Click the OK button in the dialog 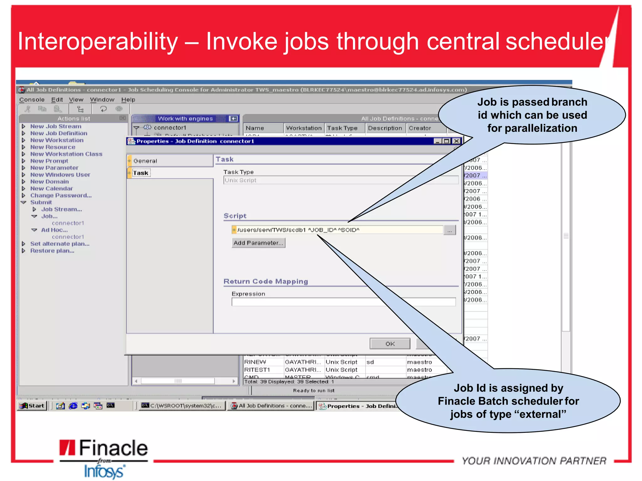390,344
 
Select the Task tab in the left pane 141,173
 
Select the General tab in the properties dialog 145,161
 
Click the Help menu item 128,100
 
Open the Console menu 32,100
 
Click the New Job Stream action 56,126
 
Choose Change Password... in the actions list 61,195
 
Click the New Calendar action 51,189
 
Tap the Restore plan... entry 52,251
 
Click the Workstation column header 304,128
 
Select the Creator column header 420,128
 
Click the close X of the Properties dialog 457,141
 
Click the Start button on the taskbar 33,406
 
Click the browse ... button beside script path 450,230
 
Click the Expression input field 343,302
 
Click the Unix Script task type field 340,180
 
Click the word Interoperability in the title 98,42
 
